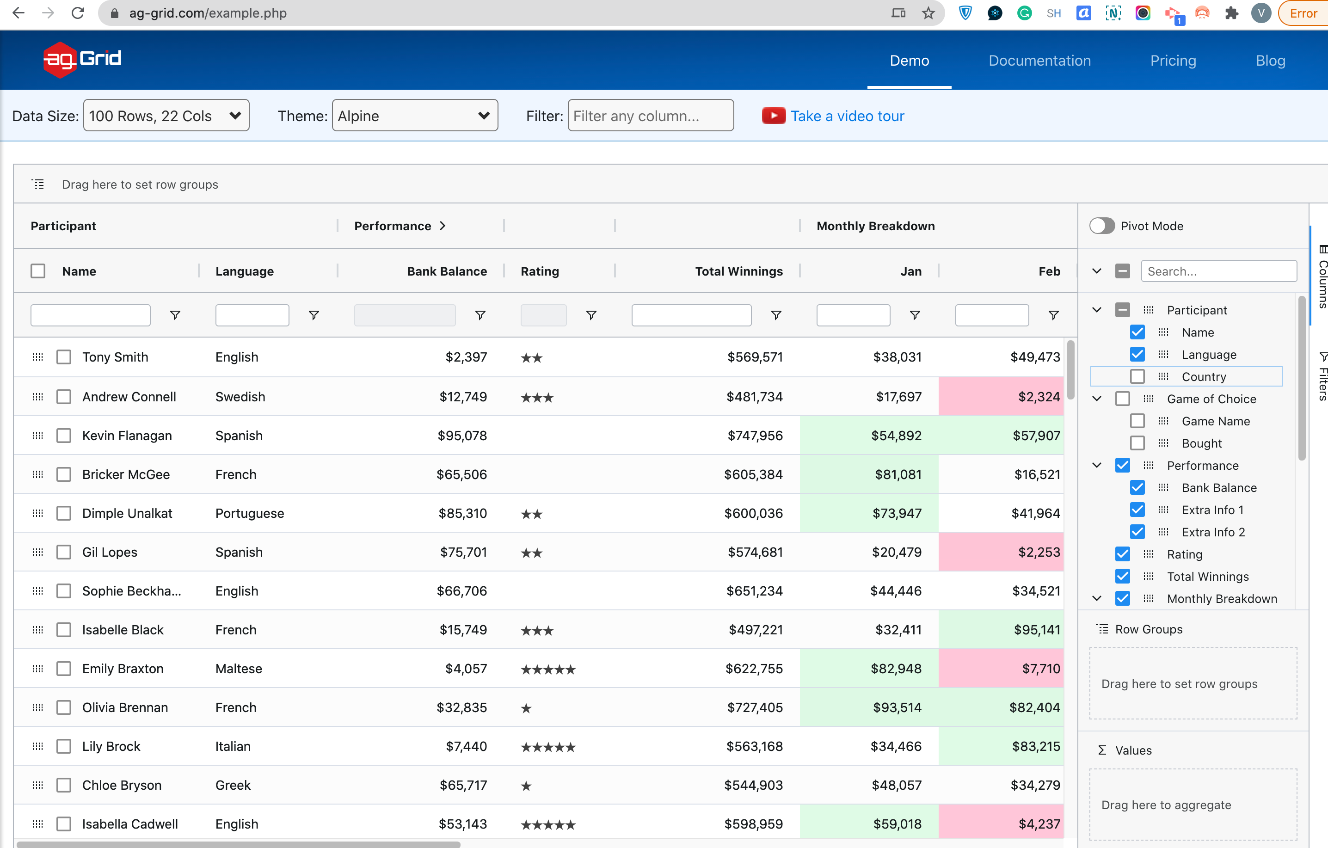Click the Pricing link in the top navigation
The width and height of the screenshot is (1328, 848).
(x=1173, y=61)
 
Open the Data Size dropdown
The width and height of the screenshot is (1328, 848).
(x=166, y=115)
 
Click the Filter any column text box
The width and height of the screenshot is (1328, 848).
(x=651, y=115)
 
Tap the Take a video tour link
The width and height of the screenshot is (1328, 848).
(x=847, y=116)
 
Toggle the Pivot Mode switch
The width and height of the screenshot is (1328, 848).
(x=1102, y=226)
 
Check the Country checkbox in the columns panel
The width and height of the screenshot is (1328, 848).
(x=1137, y=376)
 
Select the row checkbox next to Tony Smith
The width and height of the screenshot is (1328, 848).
(x=64, y=357)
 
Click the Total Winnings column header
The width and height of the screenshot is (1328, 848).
(x=738, y=271)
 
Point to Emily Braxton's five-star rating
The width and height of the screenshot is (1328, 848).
(x=548, y=670)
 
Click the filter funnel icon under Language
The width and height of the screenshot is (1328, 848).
(x=314, y=315)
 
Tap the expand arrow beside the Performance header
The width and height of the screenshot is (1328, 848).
(x=443, y=226)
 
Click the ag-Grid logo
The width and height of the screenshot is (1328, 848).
(x=82, y=60)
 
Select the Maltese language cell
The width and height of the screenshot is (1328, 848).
(x=239, y=669)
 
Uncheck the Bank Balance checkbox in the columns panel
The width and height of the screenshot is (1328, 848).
(x=1137, y=487)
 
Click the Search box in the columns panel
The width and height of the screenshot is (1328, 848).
(x=1219, y=271)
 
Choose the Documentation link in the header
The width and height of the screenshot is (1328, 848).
(x=1039, y=61)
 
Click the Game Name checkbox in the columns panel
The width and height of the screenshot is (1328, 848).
(x=1137, y=421)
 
